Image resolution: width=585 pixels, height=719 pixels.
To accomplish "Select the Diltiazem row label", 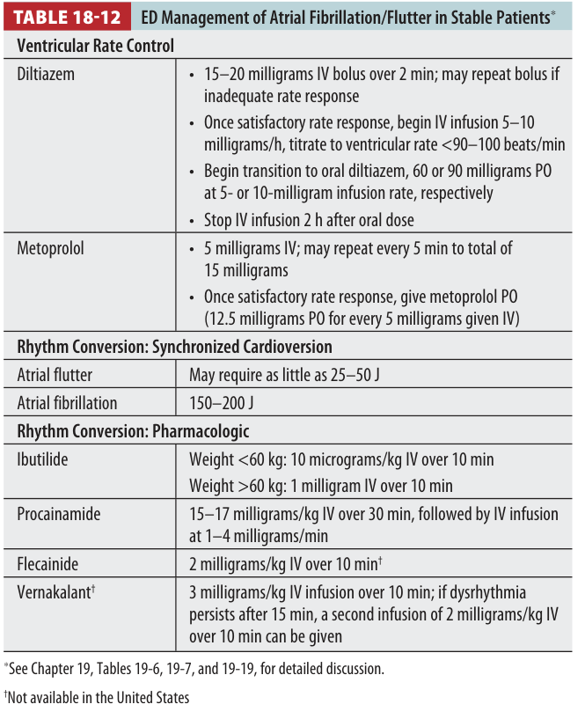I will click(46, 74).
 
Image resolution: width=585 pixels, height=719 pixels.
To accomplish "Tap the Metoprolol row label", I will click(51, 249).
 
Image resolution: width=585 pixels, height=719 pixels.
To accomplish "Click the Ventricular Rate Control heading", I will click(95, 46).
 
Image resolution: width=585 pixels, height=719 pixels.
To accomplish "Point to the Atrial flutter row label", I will click(55, 375).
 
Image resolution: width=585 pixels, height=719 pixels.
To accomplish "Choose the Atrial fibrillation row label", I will click(67, 404).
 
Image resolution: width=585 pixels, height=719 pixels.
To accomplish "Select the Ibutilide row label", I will click(42, 459).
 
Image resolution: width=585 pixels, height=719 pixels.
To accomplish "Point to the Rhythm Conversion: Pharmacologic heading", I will click(133, 431).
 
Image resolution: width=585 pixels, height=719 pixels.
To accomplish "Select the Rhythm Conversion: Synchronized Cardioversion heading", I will click(174, 347).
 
